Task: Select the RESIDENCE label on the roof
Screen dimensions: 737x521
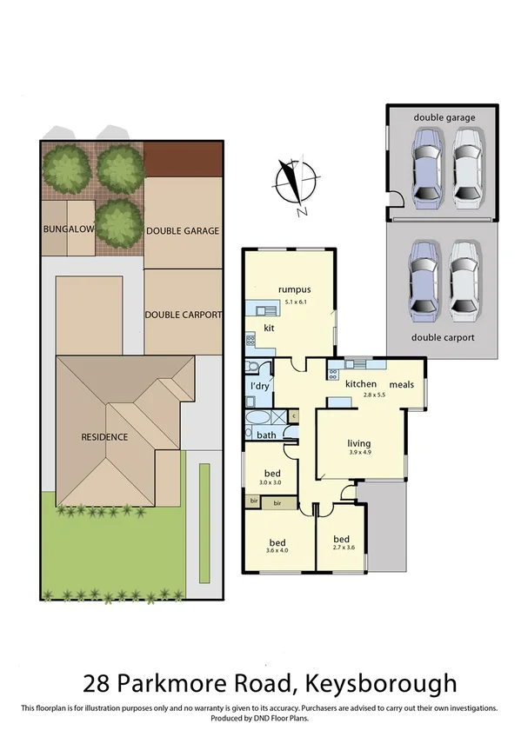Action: pyautogui.click(x=104, y=437)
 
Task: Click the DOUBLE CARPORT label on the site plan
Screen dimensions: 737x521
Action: pyautogui.click(x=183, y=315)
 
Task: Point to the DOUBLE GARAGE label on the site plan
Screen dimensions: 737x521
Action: pyautogui.click(x=183, y=230)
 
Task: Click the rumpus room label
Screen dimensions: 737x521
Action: pyautogui.click(x=294, y=289)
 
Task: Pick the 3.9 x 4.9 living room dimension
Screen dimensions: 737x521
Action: pyautogui.click(x=359, y=452)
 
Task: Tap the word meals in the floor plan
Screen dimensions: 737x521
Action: pyautogui.click(x=401, y=384)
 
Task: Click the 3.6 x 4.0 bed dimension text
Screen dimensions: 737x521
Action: pyautogui.click(x=276, y=549)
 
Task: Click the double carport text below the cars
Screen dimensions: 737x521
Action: pyautogui.click(x=443, y=337)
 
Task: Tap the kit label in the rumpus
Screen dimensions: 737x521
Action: pyautogui.click(x=270, y=329)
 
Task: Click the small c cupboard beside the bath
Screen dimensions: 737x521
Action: pyautogui.click(x=293, y=416)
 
